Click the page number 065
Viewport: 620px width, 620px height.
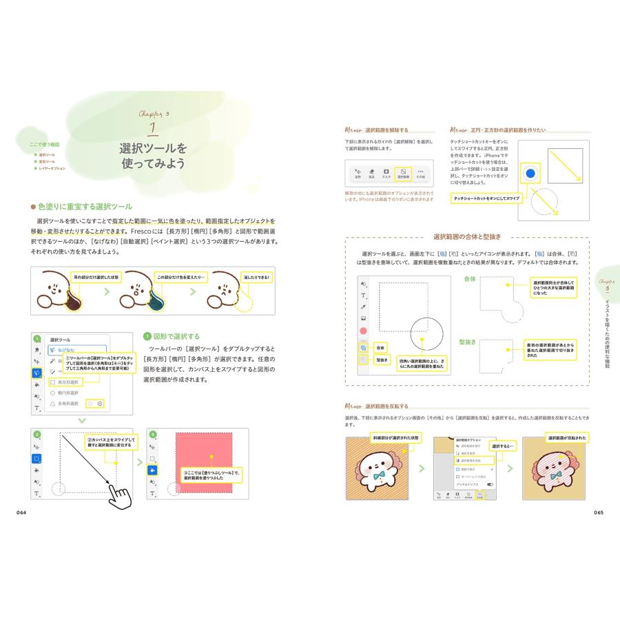click(598, 512)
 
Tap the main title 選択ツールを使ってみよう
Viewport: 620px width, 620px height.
click(154, 156)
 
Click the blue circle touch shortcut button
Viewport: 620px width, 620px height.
click(530, 173)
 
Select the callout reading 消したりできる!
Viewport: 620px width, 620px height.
click(256, 278)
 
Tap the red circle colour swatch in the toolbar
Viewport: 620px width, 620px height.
click(363, 331)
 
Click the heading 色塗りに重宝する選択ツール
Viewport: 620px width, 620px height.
click(85, 206)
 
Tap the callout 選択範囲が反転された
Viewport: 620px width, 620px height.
click(566, 437)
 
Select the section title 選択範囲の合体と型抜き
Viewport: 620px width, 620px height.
click(467, 237)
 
